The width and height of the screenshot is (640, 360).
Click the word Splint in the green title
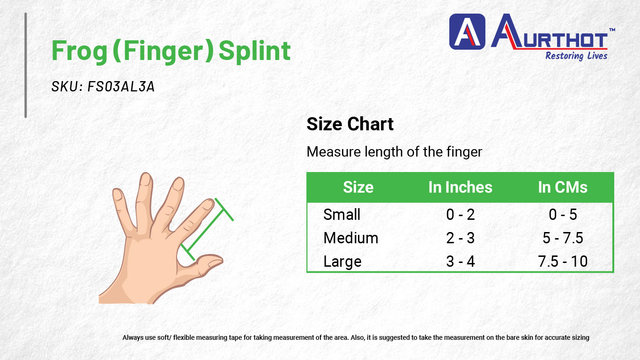pos(254,52)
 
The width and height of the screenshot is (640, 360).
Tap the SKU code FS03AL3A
pos(121,86)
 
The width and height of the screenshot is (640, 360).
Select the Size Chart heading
pos(350,124)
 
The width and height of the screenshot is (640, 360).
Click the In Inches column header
pos(460,187)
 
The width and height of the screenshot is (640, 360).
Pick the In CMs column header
pos(563,187)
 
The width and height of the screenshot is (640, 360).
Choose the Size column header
pos(358,187)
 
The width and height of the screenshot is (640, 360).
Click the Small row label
pos(342,215)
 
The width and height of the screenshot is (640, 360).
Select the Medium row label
pos(351,238)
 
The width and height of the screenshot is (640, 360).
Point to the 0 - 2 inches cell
pos(460,215)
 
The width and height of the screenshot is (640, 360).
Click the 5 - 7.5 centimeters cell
pos(563,238)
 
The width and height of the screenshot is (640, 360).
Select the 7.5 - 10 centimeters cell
pos(563,262)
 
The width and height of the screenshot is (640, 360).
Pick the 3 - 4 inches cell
pos(460,262)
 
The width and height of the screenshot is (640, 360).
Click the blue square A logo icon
pos(467,32)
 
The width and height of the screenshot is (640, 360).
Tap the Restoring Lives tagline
pos(576,56)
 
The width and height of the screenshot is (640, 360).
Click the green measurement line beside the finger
pos(207,229)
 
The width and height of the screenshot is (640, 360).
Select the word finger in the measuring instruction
pos(464,152)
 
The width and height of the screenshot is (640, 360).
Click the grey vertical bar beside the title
pos(26,65)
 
